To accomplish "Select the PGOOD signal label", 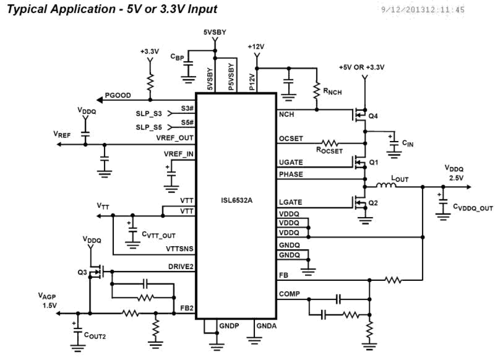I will [118, 96].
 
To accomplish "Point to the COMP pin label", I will [289, 293].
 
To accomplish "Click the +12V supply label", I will [257, 46].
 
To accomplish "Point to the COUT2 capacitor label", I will [95, 336].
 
